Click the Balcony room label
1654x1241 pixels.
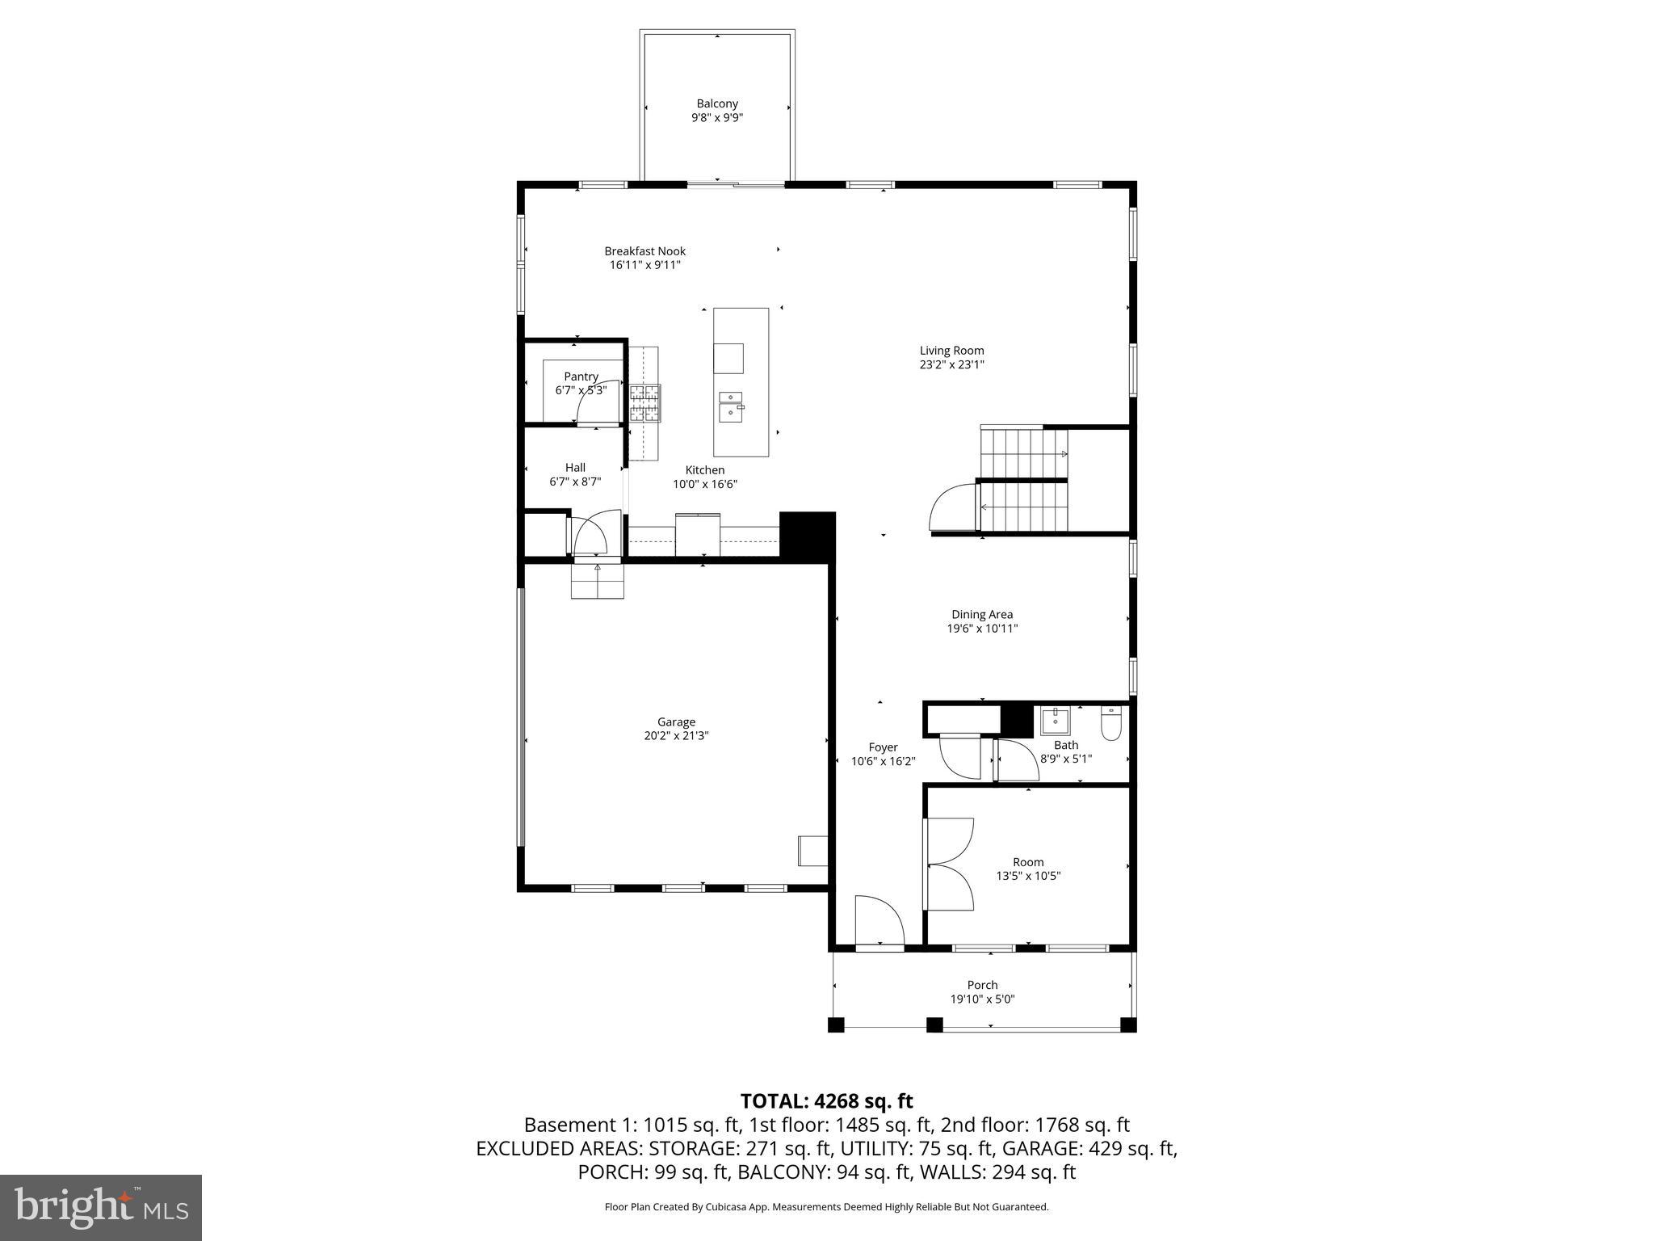(717, 103)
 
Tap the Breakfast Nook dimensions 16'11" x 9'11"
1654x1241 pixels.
(645, 265)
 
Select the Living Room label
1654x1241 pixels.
(951, 351)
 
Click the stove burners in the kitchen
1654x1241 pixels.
(644, 403)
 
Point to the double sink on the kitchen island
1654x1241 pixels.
(731, 405)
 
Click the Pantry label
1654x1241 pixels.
(581, 377)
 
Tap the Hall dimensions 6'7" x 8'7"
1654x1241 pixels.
(575, 482)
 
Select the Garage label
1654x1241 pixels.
(676, 722)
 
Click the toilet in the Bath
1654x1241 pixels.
(1111, 723)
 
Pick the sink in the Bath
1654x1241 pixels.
(1055, 720)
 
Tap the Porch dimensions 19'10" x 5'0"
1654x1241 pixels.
(982, 999)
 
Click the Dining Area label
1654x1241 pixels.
(982, 615)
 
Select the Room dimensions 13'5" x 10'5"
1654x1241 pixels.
(1028, 876)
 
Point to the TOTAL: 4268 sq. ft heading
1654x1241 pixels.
(826, 1101)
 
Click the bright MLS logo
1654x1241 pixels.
(101, 1207)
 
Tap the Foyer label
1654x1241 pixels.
(883, 747)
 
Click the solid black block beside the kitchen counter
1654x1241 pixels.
(807, 534)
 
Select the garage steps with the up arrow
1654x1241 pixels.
(598, 581)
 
